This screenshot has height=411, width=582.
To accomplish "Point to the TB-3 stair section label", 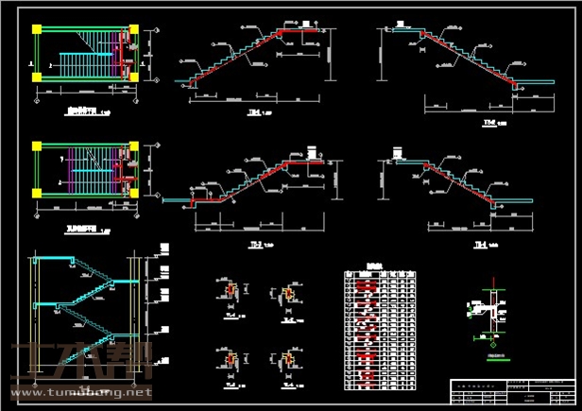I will [x=255, y=243].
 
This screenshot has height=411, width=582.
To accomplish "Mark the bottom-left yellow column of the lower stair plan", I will [x=37, y=193].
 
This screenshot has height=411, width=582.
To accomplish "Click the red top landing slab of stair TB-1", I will [x=306, y=31].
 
